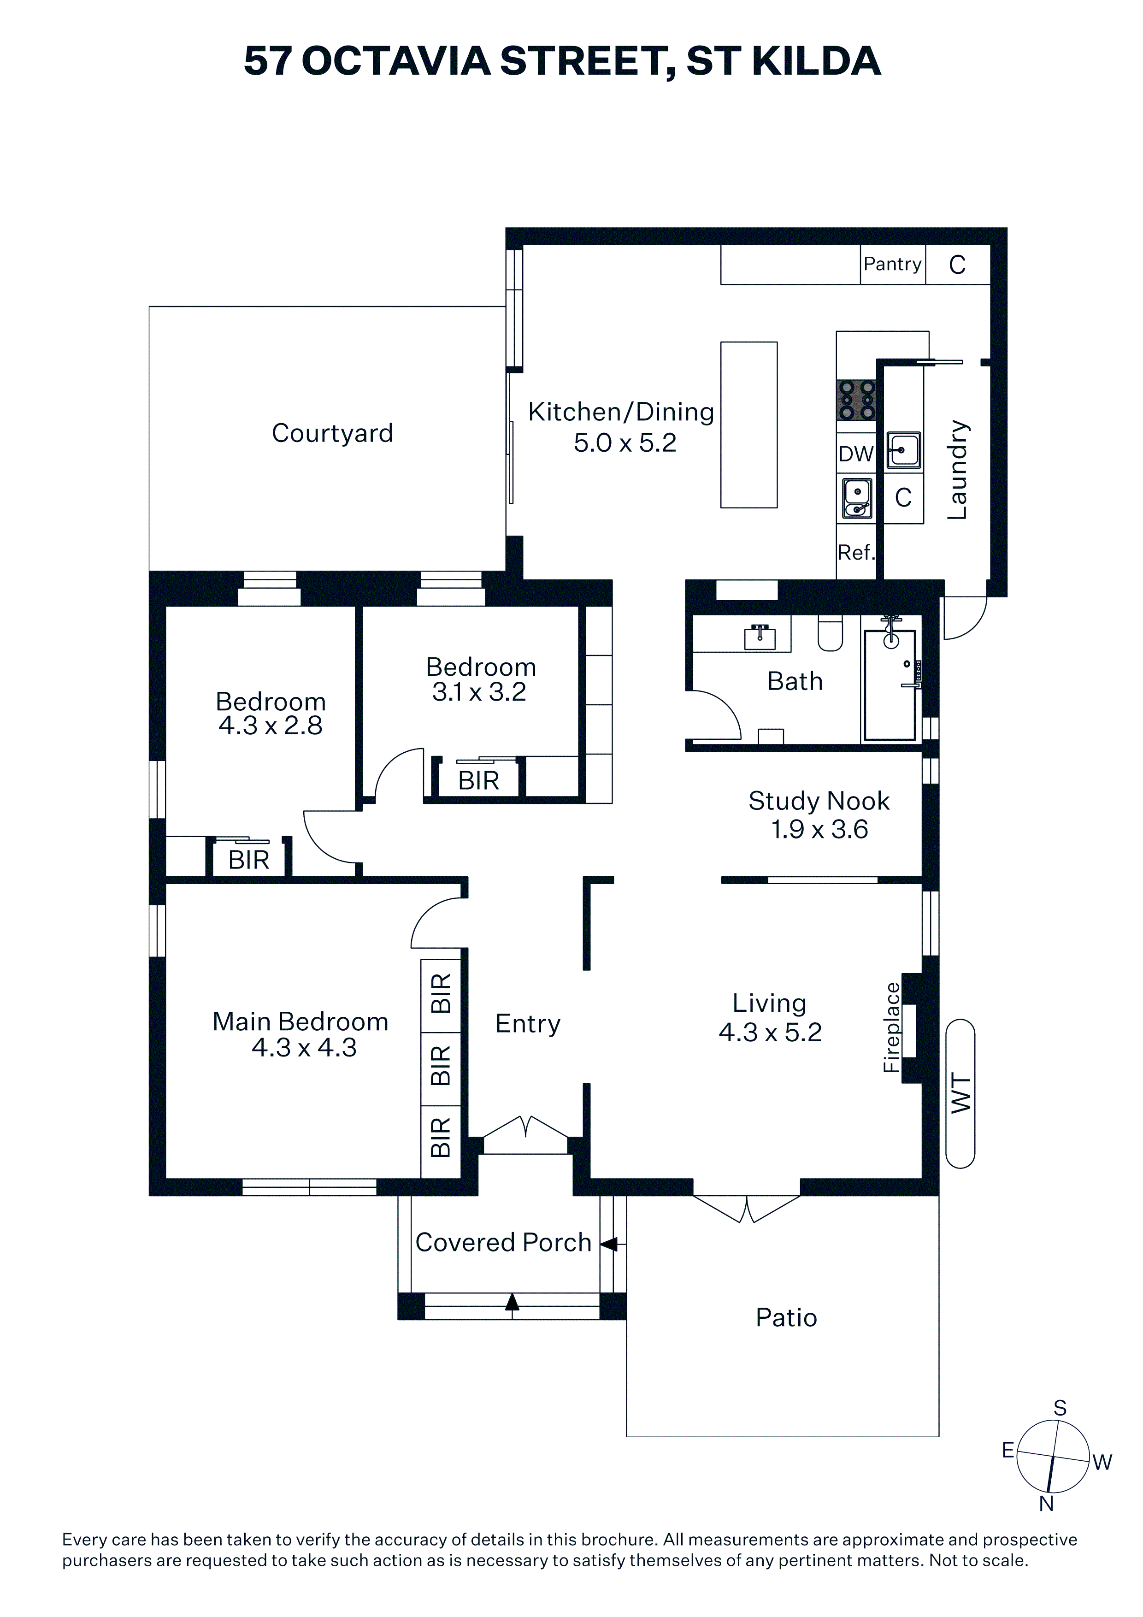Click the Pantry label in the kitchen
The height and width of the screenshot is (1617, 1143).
892,264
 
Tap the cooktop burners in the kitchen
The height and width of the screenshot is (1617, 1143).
856,400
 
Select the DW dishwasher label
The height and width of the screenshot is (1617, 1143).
856,454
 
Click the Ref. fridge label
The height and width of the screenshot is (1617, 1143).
856,553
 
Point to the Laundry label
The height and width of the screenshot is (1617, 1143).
957,470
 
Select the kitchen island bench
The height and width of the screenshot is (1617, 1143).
748,425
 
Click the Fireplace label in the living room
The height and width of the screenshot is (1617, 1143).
891,1027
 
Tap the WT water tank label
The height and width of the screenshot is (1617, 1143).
960,1094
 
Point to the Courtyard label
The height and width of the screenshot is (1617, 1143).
332,434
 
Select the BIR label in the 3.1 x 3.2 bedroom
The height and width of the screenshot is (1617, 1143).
478,781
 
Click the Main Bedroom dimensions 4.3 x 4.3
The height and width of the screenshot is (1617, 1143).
304,1048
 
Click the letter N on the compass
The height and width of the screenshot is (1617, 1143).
1047,1504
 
